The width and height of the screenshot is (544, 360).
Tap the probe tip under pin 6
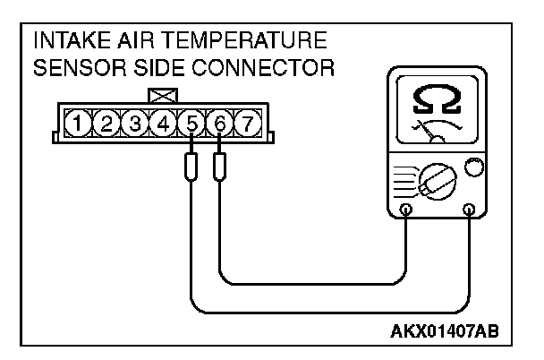pyautogui.click(x=220, y=165)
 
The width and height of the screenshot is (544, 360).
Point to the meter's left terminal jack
pyautogui.click(x=406, y=210)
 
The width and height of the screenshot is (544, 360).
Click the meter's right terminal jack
pyautogui.click(x=469, y=210)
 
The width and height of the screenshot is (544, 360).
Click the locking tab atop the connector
pyautogui.click(x=162, y=95)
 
